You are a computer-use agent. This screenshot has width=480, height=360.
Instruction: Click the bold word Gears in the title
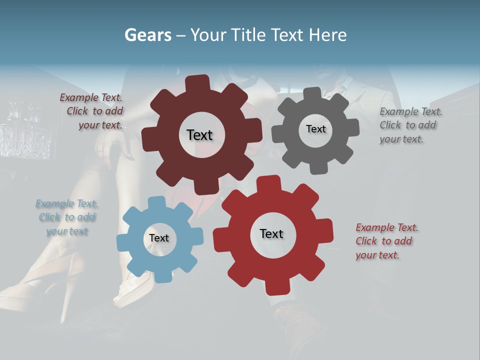(x=147, y=35)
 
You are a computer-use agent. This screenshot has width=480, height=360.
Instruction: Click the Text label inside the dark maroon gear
(x=199, y=135)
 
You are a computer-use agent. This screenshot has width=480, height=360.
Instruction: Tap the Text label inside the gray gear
(x=315, y=129)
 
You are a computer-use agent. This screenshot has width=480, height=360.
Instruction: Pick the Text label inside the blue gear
(x=159, y=238)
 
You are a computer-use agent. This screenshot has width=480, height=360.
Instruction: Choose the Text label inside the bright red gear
(x=271, y=233)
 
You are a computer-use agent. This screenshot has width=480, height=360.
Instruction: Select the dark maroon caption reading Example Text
(x=91, y=98)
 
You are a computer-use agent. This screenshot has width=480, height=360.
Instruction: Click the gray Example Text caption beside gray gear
(x=411, y=111)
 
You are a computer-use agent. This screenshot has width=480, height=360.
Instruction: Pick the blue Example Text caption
(x=66, y=203)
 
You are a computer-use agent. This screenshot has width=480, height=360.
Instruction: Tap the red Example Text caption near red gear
(x=387, y=227)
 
